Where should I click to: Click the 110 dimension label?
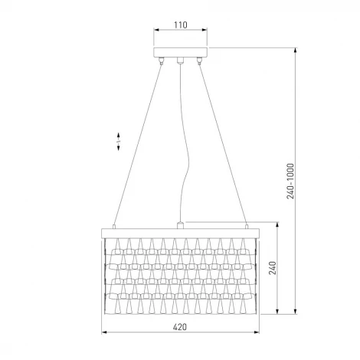181,25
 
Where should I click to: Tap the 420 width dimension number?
180,327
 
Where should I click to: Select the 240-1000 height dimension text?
290,181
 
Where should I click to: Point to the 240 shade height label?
273,268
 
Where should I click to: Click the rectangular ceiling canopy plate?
180,52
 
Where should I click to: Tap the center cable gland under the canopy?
180,60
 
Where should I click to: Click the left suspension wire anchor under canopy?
161,61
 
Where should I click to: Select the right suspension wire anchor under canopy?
199,61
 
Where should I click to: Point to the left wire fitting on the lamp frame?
114,227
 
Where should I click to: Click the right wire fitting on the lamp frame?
247,227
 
